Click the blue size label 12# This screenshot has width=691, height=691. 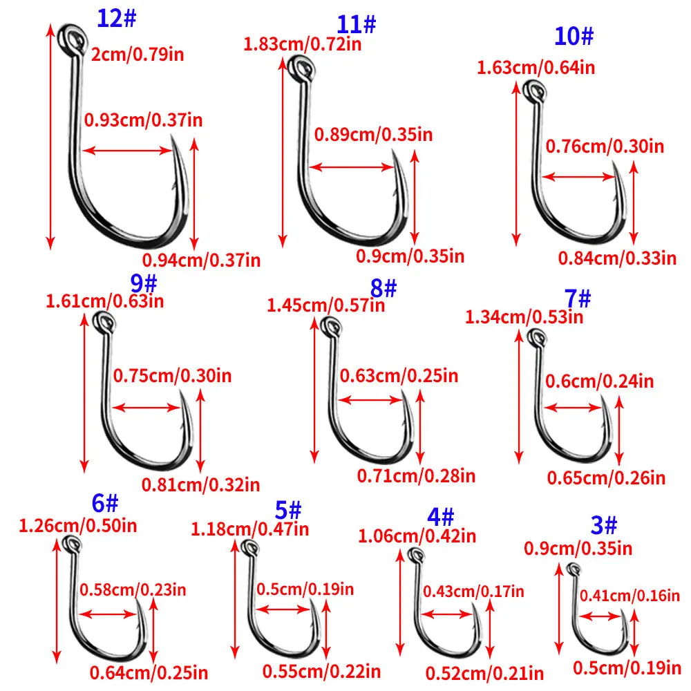117,19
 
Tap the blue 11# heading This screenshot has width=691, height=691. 357,24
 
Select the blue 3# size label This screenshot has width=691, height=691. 604,526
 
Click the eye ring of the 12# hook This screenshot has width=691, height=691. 71,37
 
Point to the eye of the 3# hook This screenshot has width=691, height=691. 573,569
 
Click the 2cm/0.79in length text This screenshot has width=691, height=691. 138,54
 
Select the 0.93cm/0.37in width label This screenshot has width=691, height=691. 144,120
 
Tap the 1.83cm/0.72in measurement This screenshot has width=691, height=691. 303,44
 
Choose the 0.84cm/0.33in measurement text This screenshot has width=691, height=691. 617,258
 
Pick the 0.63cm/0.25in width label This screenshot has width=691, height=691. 399,376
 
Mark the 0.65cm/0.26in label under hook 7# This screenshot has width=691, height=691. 606,477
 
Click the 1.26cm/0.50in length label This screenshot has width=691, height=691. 77,526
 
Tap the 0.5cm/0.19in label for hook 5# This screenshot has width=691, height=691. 305,589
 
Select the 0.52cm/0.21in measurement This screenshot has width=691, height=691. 484,672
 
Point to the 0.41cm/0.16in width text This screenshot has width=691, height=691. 629,595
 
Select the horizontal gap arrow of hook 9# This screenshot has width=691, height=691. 146,408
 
